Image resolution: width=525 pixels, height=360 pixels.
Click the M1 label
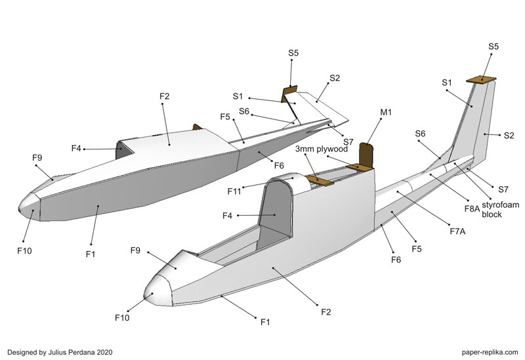[386, 113]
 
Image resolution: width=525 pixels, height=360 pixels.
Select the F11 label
[235, 191]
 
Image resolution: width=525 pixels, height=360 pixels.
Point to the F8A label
[472, 208]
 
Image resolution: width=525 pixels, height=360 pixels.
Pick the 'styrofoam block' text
[501, 210]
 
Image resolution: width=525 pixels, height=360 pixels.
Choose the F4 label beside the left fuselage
[76, 149]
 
